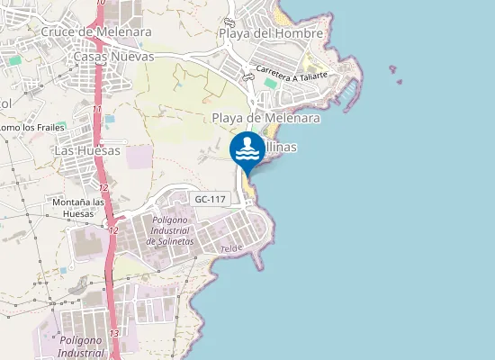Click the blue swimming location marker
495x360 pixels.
click(247, 149)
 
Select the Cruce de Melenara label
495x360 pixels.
click(96, 31)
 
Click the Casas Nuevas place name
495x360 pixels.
click(114, 56)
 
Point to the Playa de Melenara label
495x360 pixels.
click(266, 118)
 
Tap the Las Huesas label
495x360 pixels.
click(87, 150)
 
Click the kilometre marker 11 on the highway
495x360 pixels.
click(96, 109)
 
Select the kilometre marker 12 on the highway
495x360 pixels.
click(104, 187)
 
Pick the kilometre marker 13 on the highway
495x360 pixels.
click(113, 333)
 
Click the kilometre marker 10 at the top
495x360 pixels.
click(99, 4)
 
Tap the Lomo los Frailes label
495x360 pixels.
click(23, 128)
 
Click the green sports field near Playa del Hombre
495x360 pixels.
click(270, 84)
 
